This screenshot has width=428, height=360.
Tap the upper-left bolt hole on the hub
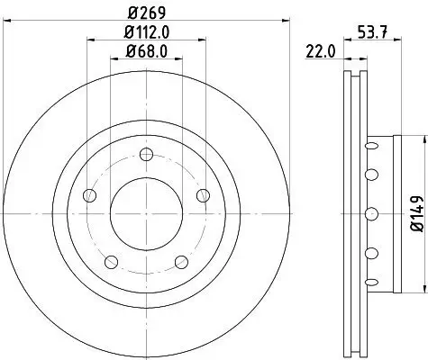(x=87, y=194)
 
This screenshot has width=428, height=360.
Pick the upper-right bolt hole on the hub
(x=201, y=194)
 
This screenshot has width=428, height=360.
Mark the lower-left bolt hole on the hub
(x=110, y=262)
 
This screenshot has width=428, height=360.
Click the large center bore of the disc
(x=144, y=213)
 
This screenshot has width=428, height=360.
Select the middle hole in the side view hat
(x=370, y=213)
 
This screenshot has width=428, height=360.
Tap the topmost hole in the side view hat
(x=370, y=144)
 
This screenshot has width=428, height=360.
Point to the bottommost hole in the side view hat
(x=370, y=283)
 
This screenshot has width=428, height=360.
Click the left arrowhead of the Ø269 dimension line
(x=5, y=22)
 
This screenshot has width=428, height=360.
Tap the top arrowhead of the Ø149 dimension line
(x=421, y=139)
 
